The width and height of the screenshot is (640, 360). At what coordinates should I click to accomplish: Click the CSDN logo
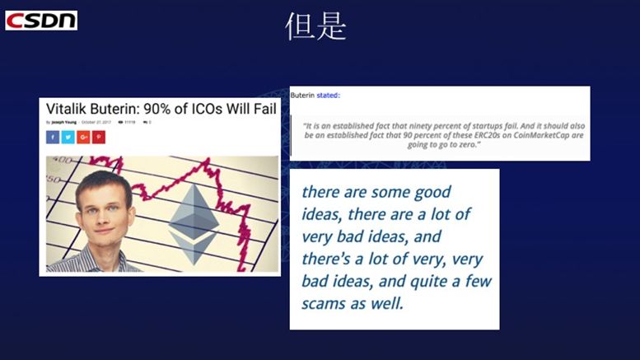click(x=41, y=20)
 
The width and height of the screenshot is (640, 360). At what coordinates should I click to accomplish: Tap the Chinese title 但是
click(x=315, y=26)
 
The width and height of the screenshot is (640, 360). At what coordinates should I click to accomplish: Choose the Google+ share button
click(x=84, y=137)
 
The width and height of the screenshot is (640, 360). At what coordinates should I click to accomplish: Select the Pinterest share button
click(x=99, y=137)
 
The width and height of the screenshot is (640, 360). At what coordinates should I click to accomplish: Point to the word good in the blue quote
click(x=428, y=192)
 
